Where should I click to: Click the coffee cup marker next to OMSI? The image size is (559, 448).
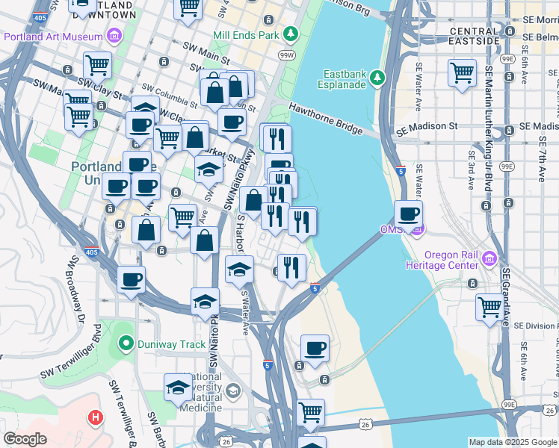[x=408, y=214]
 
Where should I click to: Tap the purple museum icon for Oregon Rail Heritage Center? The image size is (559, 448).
[x=489, y=258]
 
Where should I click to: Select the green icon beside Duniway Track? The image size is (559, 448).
[x=126, y=344]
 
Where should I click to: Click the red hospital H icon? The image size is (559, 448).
[x=95, y=418]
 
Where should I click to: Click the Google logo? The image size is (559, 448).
[x=25, y=439]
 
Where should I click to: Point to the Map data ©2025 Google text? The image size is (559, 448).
[x=513, y=442]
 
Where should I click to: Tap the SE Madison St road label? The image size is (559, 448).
[x=427, y=128]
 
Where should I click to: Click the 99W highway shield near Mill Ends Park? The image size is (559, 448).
[x=286, y=55]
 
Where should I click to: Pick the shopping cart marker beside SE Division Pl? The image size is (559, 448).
[x=489, y=307]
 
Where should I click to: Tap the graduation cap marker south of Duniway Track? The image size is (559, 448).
[x=177, y=387]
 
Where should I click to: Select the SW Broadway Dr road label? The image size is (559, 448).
[x=76, y=290]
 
